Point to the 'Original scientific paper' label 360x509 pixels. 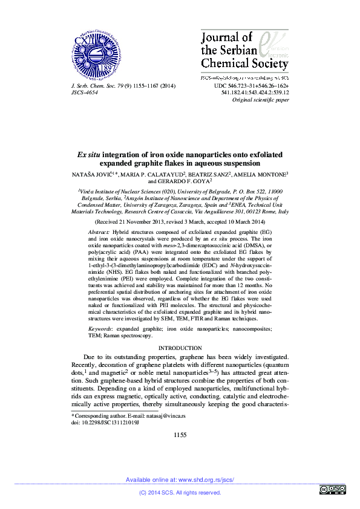tap(261, 100)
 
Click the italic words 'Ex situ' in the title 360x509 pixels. tap(88, 155)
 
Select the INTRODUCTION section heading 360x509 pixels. tap(180, 348)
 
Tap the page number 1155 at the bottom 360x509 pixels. tap(180, 435)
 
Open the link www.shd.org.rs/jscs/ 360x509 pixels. tap(206, 479)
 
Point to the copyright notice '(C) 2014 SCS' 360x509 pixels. tap(160, 493)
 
